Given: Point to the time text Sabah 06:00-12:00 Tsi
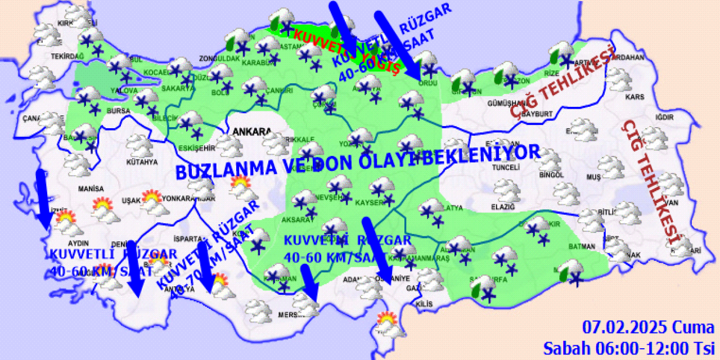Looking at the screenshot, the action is (628, 348).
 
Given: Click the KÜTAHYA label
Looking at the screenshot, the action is (142, 163).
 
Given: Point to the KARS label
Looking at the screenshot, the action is (634, 97).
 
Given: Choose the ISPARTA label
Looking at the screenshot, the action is (187, 237).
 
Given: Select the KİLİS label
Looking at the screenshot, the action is (425, 304).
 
